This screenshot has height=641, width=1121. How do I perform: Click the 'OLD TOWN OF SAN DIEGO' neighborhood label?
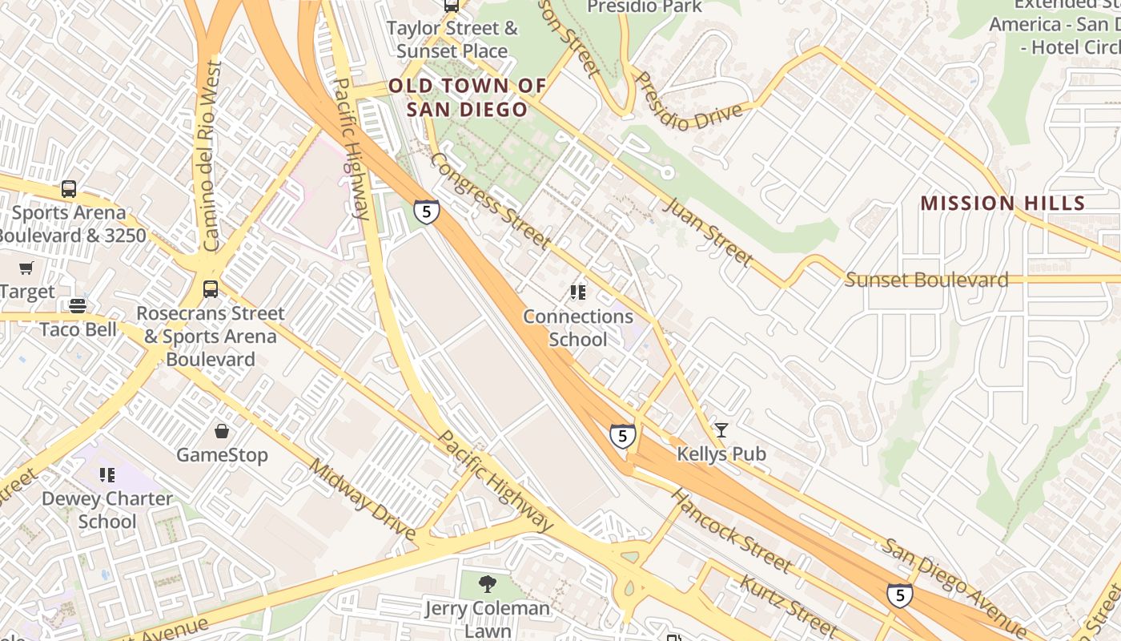point(467,97)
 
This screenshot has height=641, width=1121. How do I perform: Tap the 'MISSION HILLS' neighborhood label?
point(1002,203)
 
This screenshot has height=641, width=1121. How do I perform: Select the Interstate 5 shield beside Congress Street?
point(427,212)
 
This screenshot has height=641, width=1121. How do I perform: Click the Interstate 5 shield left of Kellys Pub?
point(622,436)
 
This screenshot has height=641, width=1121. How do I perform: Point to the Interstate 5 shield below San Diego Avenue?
point(900,595)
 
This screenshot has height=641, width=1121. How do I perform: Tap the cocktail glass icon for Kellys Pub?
point(721,430)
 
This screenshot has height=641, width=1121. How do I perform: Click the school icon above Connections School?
point(577,292)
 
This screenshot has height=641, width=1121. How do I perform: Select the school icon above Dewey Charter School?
point(106,475)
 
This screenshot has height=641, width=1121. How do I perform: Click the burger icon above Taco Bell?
point(78,305)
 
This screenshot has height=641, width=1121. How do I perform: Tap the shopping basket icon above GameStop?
point(222,431)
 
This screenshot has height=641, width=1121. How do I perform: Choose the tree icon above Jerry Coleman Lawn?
point(487,584)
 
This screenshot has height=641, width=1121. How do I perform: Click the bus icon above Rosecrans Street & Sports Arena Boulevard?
point(211,289)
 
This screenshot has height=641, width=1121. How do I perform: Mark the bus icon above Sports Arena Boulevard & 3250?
point(69,189)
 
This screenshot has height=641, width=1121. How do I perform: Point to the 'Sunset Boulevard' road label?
point(926,280)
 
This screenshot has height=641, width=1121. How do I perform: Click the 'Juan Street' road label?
point(707,232)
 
